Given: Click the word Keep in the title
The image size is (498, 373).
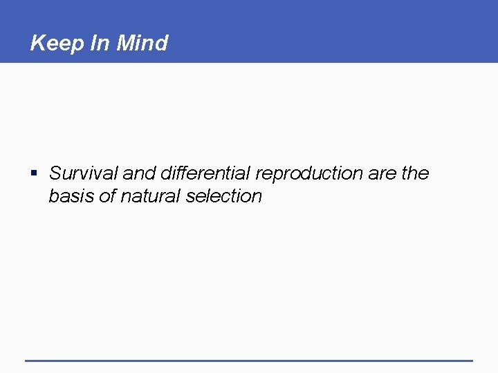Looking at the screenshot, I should [58, 44].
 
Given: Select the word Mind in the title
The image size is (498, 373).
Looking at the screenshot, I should [142, 44].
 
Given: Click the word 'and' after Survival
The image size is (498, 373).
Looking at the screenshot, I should [138, 173].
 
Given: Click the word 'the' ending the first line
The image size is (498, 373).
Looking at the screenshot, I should [415, 173].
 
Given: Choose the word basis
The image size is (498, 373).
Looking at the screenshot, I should [71, 196].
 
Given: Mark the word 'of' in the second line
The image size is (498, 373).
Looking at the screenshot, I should [107, 196].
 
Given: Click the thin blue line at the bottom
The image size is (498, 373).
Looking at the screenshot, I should [249, 360].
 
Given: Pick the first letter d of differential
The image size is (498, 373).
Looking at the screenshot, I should [165, 173].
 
